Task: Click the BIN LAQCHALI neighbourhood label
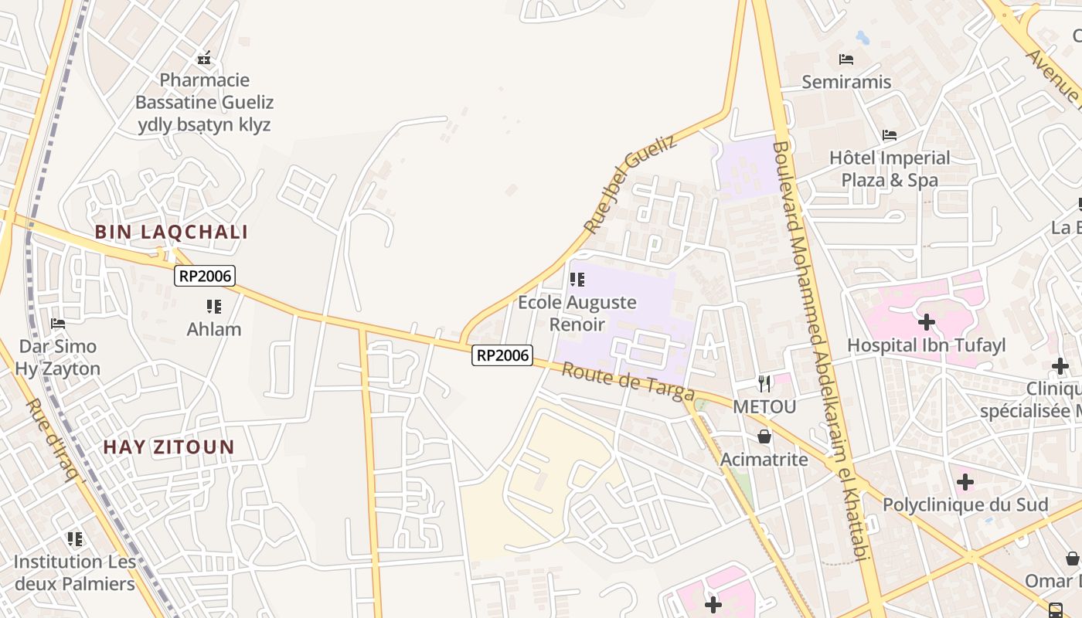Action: click(171, 232)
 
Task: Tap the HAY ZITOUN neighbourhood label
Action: click(168, 447)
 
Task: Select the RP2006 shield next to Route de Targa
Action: click(502, 355)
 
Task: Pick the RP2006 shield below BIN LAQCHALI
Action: click(204, 276)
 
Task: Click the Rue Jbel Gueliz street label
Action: click(630, 185)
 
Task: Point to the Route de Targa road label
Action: click(628, 382)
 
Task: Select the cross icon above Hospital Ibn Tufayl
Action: click(926, 321)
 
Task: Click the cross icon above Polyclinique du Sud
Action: click(965, 482)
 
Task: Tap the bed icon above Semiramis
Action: click(846, 59)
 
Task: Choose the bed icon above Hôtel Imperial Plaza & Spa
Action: click(890, 135)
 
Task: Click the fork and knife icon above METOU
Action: click(764, 382)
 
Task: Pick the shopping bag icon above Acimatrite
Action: click(764, 436)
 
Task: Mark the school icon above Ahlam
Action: click(214, 307)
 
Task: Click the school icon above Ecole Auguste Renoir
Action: click(577, 279)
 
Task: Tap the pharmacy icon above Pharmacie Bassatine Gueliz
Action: click(204, 57)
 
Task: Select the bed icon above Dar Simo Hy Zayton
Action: click(58, 323)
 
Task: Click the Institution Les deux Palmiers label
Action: click(74, 572)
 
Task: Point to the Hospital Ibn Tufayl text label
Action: click(927, 345)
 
